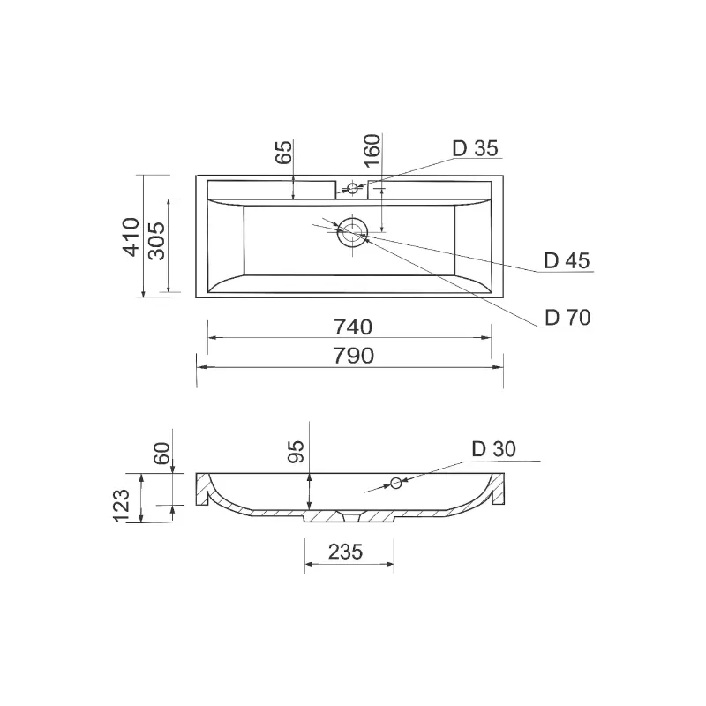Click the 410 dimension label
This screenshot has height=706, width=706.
pos(131,237)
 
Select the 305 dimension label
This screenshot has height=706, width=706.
pos(157,241)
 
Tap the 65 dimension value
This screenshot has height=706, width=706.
pos(283,152)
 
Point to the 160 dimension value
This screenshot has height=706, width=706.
pos(372,150)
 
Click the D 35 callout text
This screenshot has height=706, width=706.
pos(475,148)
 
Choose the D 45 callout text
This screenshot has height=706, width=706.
pos(567,260)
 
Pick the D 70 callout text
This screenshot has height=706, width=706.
pos(567,318)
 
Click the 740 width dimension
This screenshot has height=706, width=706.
pos(353,327)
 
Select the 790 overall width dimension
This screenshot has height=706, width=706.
pos(354,356)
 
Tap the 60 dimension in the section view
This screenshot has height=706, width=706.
pos(162,453)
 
